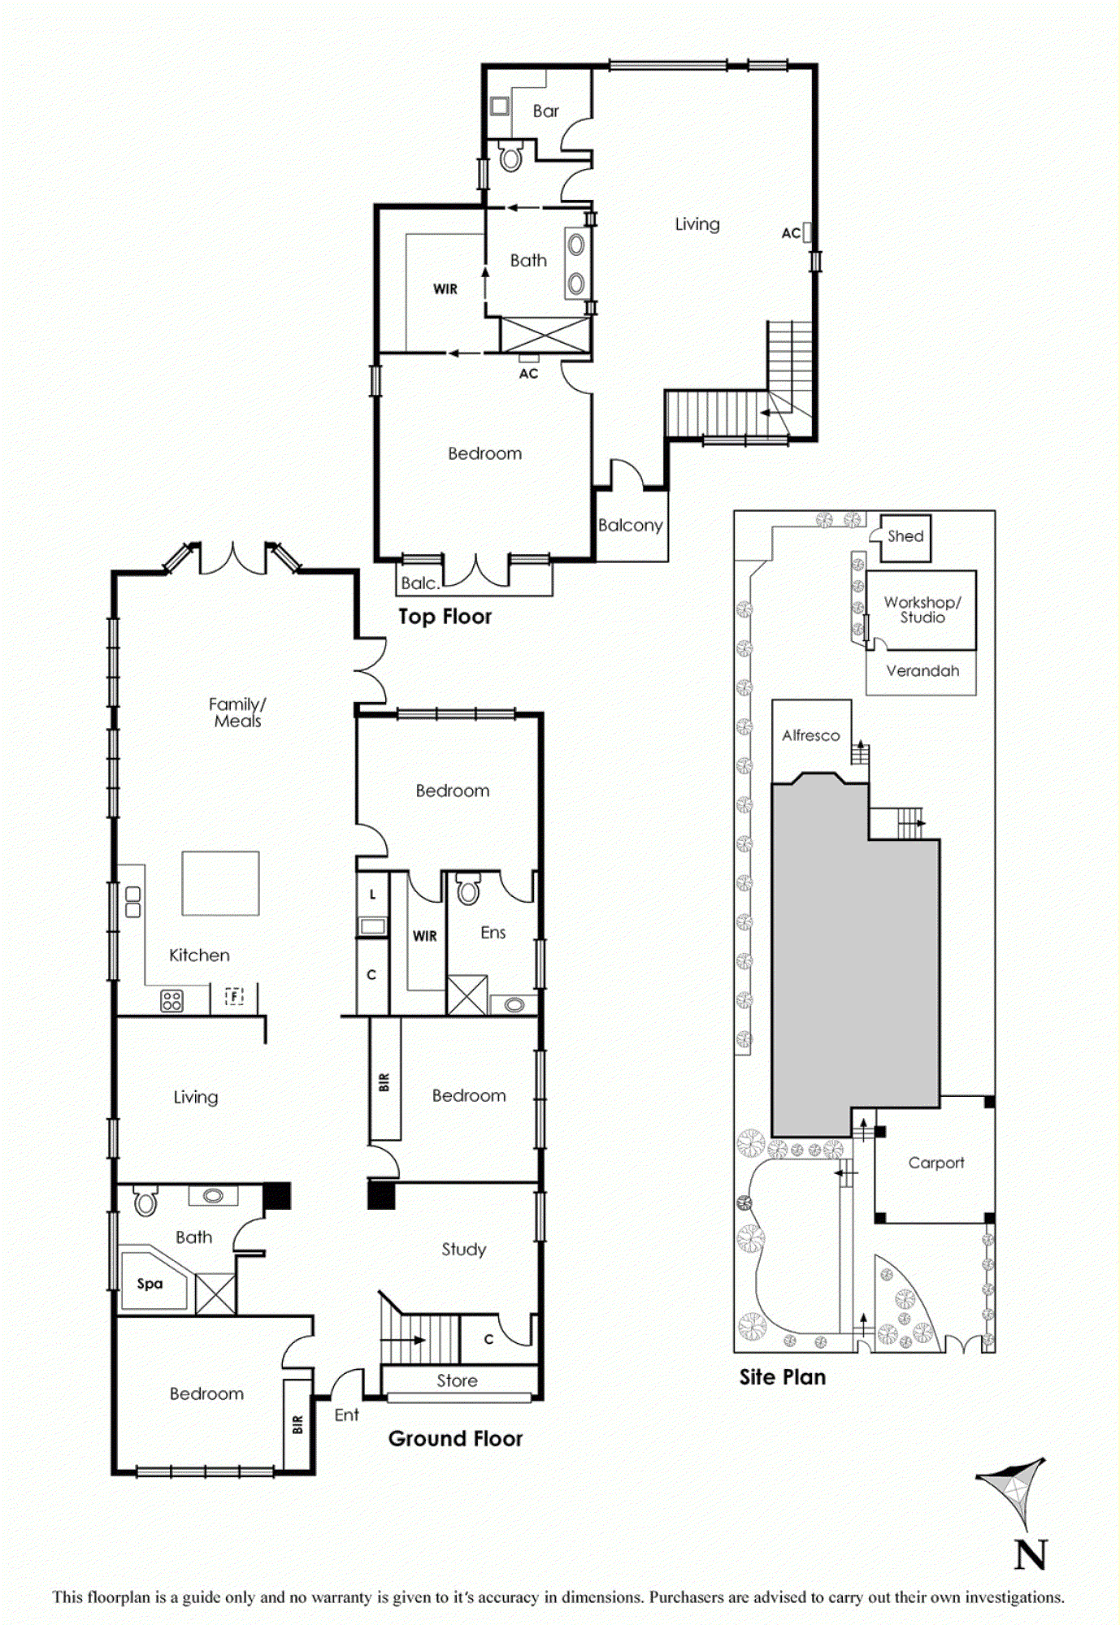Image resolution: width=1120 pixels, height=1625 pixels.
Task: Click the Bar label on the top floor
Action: pos(545,110)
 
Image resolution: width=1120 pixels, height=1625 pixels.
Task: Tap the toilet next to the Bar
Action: pos(510,157)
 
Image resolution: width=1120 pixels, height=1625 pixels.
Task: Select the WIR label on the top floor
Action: pos(445,289)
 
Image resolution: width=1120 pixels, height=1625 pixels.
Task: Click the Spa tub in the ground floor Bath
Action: pos(152,1283)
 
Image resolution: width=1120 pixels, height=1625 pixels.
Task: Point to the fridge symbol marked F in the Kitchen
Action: pos(234,996)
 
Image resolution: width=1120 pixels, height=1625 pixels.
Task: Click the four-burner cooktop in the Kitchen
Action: pos(171,1000)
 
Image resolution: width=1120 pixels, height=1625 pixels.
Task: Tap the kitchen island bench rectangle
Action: pos(220,883)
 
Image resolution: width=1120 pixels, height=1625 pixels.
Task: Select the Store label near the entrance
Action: pos(457,1380)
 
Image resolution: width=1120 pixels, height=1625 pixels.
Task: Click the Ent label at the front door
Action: pos(346,1415)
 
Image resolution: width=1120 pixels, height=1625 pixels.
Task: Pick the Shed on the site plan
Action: pos(905,536)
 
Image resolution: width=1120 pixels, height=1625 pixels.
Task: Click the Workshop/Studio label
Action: pos(922,609)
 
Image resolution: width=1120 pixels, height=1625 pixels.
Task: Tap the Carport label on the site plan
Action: pos(936,1163)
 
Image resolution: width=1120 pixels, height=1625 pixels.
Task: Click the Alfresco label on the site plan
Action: pos(810,735)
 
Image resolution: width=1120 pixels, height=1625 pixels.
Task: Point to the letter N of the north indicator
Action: pos(1031,1555)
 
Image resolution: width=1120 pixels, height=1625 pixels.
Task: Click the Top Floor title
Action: pos(445,617)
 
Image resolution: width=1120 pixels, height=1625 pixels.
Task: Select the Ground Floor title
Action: pos(455,1439)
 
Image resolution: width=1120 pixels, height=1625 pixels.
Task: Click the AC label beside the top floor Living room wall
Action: pos(791,233)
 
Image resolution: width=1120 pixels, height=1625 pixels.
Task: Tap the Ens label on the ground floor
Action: pos(493,933)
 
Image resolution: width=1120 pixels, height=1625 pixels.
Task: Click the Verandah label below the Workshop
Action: pos(922,671)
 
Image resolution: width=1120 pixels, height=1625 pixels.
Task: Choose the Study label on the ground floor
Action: pos(463,1249)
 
